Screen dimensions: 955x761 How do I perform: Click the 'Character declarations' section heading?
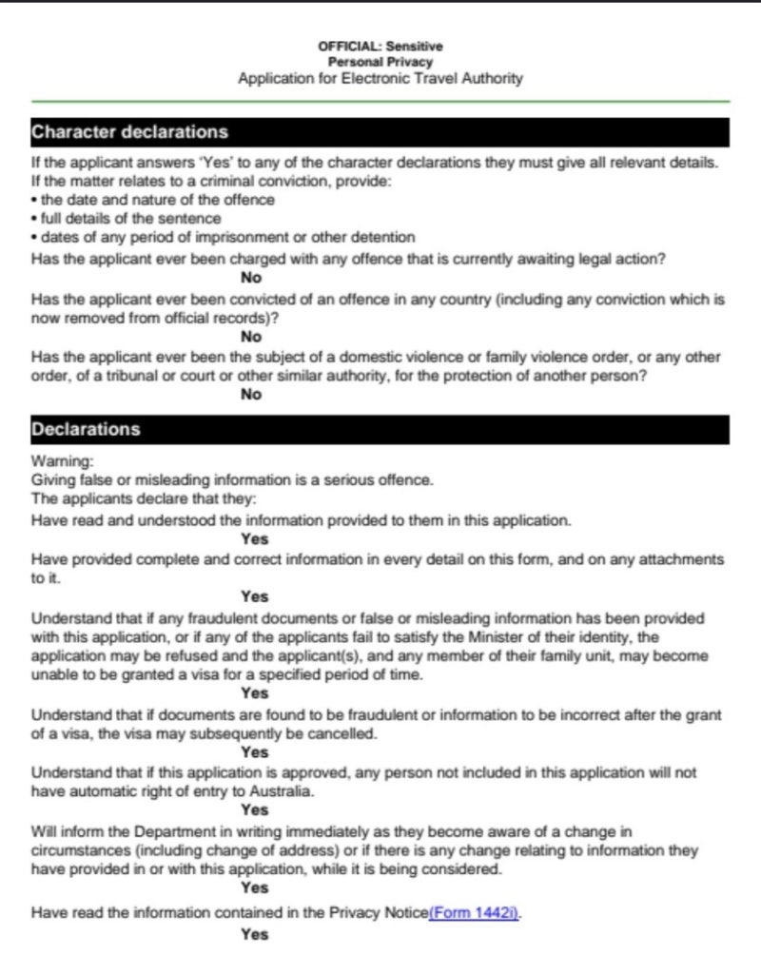(130, 131)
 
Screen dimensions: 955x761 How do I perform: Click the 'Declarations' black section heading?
(86, 429)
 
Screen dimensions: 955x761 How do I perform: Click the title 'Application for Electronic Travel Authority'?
(380, 79)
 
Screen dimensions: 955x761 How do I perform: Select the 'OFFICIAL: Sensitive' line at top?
(380, 46)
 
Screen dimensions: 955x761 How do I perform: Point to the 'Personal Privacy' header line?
(380, 62)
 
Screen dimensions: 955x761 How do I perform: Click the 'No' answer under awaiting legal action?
(251, 278)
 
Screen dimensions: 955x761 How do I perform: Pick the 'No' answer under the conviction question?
(251, 337)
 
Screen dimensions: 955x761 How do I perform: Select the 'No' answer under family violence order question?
(251, 396)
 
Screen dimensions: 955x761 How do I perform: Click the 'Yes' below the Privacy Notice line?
(255, 934)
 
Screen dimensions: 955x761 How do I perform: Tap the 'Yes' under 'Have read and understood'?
(255, 538)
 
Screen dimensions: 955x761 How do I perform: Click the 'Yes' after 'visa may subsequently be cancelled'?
(255, 752)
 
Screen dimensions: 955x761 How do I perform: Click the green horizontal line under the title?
(380, 101)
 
